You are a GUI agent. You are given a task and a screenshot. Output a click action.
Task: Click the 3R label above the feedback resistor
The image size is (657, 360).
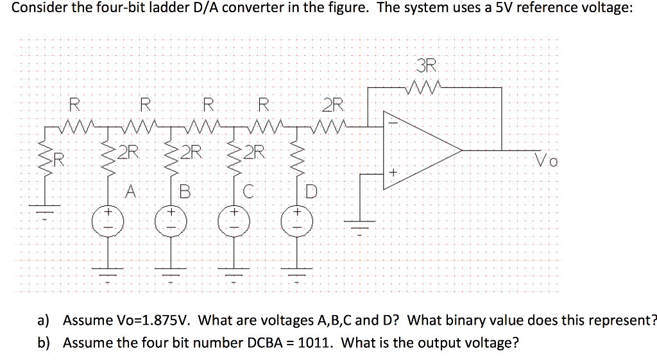(x=426, y=65)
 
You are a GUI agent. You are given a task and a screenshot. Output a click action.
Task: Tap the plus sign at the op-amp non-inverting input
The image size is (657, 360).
(x=393, y=173)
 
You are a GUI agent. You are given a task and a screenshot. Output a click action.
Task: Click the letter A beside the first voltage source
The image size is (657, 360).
(x=131, y=190)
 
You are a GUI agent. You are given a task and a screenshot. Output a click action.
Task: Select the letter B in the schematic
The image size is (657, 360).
(x=185, y=191)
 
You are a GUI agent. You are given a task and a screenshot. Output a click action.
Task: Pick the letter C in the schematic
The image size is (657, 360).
(x=248, y=191)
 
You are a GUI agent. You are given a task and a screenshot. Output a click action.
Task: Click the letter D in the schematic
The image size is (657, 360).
(x=311, y=191)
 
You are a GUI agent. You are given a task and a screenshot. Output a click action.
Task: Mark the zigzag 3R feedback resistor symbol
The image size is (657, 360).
(x=425, y=86)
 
